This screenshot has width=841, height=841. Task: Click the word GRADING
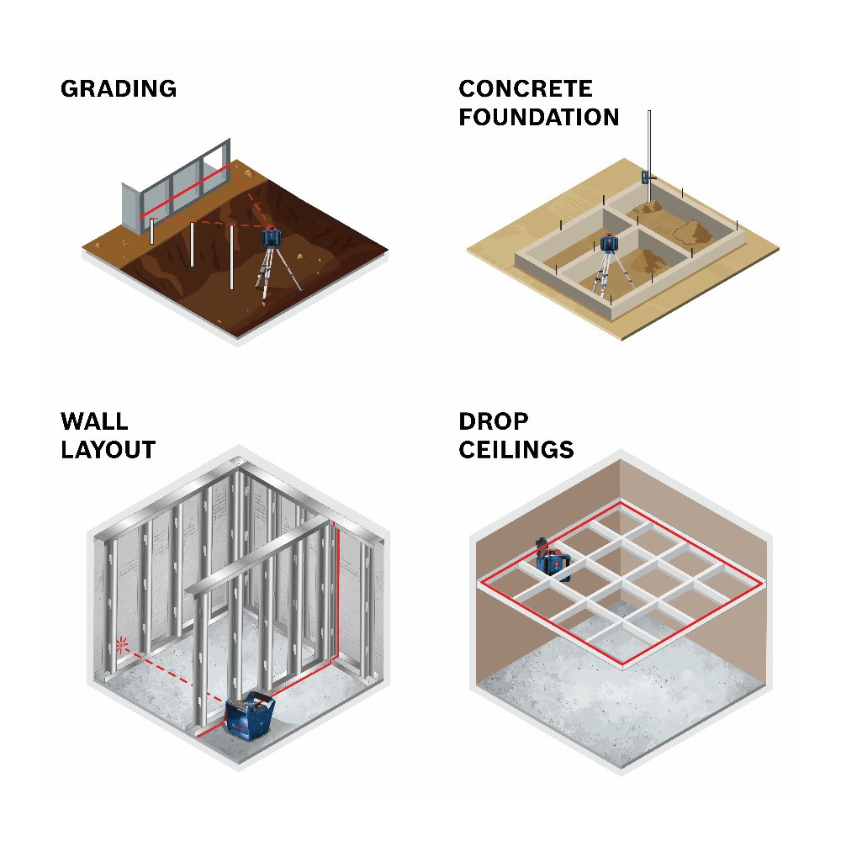click(x=119, y=89)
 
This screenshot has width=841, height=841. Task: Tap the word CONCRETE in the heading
click(x=526, y=89)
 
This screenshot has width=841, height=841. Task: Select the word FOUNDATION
click(x=539, y=117)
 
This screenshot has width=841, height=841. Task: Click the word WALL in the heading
click(x=94, y=421)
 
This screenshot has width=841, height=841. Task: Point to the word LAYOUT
click(x=108, y=449)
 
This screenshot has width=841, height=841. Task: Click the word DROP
click(x=494, y=421)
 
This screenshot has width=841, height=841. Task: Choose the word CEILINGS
click(x=516, y=449)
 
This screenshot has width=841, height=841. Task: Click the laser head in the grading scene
click(x=272, y=236)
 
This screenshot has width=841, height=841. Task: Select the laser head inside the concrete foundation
click(x=608, y=242)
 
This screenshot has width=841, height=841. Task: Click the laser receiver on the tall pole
click(x=648, y=177)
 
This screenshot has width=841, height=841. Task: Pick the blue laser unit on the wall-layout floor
click(x=249, y=716)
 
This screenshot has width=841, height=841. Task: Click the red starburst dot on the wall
click(x=122, y=644)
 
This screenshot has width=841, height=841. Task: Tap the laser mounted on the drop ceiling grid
click(x=553, y=559)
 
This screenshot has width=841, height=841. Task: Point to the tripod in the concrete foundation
click(x=609, y=273)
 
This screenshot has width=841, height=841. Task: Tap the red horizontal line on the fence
click(x=186, y=191)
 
